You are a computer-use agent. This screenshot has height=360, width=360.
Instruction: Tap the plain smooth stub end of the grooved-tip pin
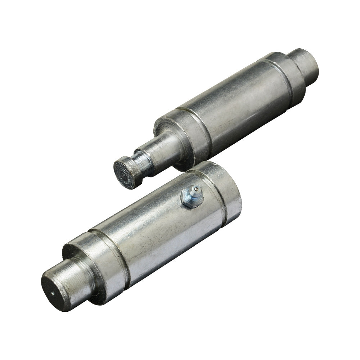(306, 65)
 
